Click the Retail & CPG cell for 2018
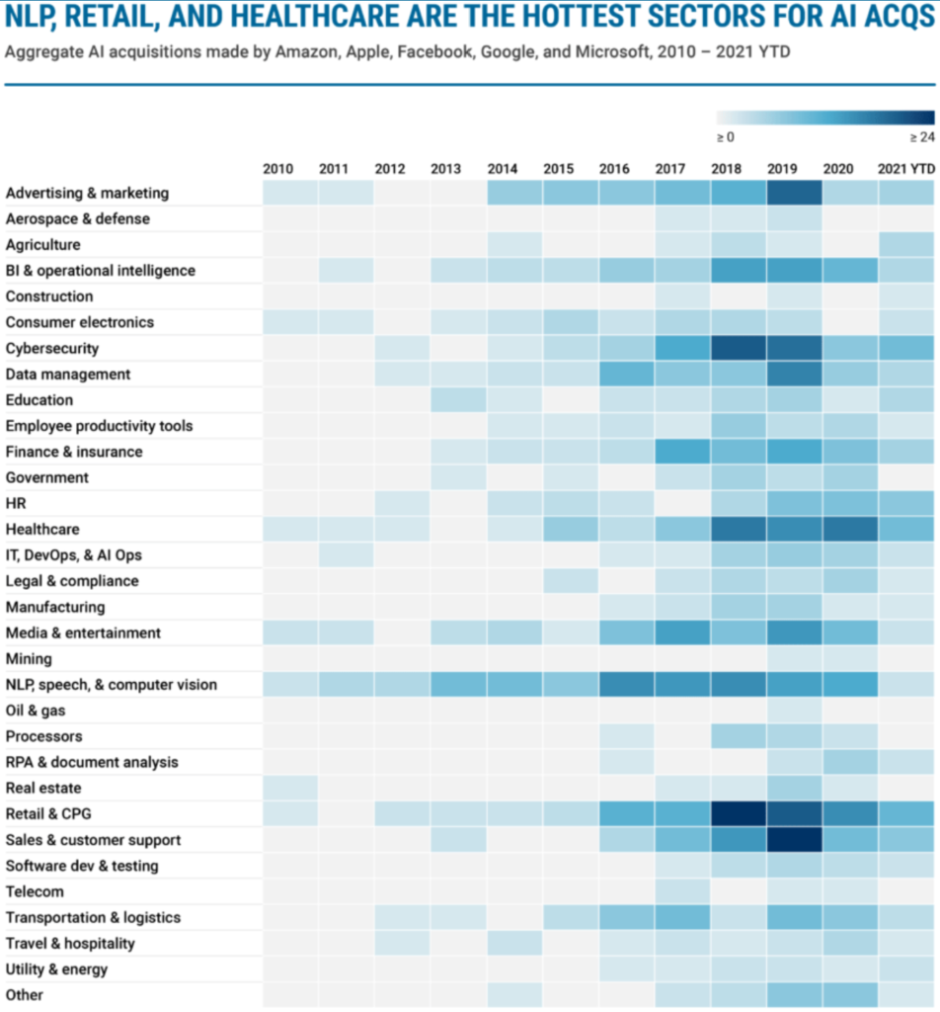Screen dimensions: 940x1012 (x=739, y=814)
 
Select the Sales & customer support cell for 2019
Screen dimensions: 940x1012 (x=795, y=840)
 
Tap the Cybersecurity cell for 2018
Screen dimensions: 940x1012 (x=739, y=348)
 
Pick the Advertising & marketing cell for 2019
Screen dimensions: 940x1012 (x=795, y=193)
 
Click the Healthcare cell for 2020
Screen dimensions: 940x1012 (x=851, y=530)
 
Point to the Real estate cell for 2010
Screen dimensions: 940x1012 (x=290, y=788)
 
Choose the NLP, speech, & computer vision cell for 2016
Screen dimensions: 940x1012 (x=627, y=684)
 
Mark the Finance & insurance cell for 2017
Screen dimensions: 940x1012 (x=682, y=452)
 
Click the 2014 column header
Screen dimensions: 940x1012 (x=503, y=169)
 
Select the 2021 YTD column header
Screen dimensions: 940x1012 (x=905, y=169)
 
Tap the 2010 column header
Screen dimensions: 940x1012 (x=277, y=169)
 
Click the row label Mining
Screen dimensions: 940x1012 (x=29, y=659)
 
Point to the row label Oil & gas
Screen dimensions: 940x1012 (x=36, y=711)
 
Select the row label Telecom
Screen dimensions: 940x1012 (x=35, y=892)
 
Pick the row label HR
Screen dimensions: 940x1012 (x=16, y=503)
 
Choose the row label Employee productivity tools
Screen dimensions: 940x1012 (x=100, y=426)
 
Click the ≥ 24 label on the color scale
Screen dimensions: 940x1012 (x=922, y=137)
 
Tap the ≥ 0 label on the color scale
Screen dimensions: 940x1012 (x=726, y=137)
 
